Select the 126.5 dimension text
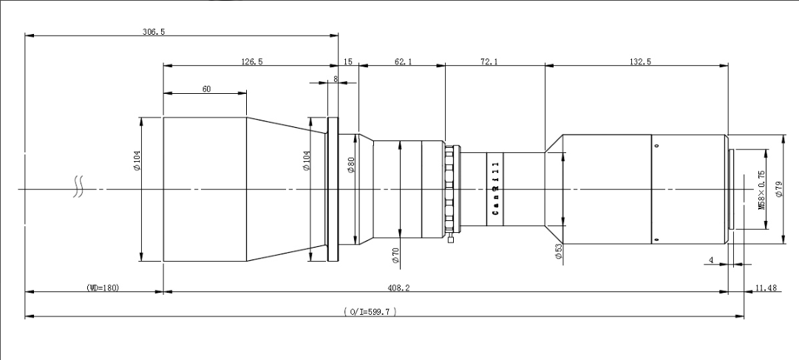252,62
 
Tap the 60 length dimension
205,89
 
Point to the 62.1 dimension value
404,62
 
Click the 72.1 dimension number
489,62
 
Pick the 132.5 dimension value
638,62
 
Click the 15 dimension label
348,62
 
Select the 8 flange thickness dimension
336,78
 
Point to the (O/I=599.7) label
371,313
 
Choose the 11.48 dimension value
766,288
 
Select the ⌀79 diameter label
779,190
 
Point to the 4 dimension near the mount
711,260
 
